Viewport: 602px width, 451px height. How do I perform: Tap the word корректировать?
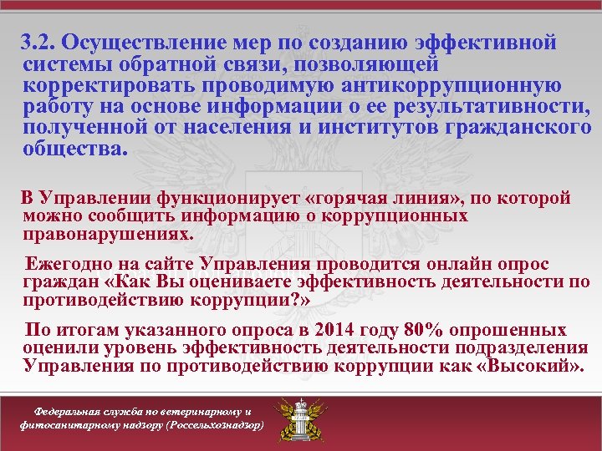point(96,86)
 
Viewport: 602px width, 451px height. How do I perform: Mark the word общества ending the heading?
point(76,151)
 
